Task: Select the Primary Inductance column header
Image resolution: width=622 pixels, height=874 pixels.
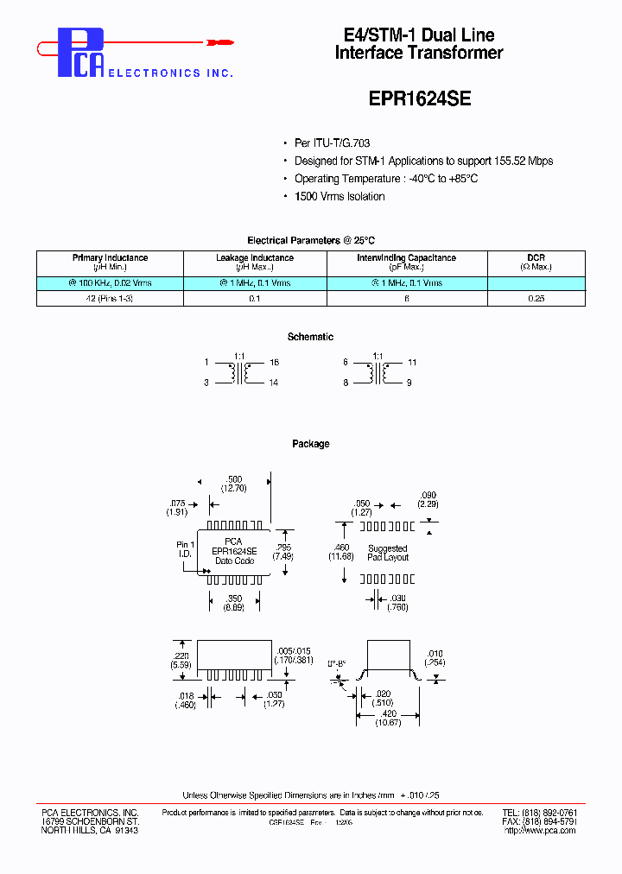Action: pos(110,263)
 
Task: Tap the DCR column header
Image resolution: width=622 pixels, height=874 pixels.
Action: pos(536,263)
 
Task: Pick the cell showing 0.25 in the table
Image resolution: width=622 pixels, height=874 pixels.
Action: pos(536,298)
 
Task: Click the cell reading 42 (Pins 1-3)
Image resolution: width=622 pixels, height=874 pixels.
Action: pos(110,298)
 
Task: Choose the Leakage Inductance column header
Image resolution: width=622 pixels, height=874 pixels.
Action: pos(254,263)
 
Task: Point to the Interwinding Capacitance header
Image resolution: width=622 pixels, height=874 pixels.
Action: pos(406,263)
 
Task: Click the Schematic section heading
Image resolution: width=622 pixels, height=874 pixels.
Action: pos(310,337)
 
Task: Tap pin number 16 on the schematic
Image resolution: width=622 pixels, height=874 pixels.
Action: pos(274,363)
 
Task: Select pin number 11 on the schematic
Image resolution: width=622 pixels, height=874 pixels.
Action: pos(412,363)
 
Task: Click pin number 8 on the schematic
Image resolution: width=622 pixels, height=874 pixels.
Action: pos(345,382)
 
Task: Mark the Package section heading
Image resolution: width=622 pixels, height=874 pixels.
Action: pos(310,444)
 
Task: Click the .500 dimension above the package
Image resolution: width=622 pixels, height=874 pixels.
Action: pos(233,478)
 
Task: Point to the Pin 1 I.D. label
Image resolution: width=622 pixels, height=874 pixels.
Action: pos(185,549)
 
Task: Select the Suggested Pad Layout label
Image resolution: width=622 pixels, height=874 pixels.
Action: pos(388,553)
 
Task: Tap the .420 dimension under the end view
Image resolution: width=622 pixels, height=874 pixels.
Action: pos(387,714)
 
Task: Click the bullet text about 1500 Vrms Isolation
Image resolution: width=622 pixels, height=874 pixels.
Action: pos(340,196)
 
